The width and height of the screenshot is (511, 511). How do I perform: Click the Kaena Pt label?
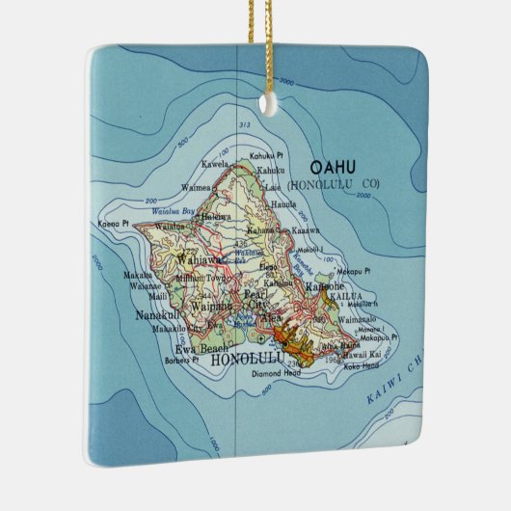point(113,223)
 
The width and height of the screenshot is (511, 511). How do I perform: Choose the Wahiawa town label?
point(193,259)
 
